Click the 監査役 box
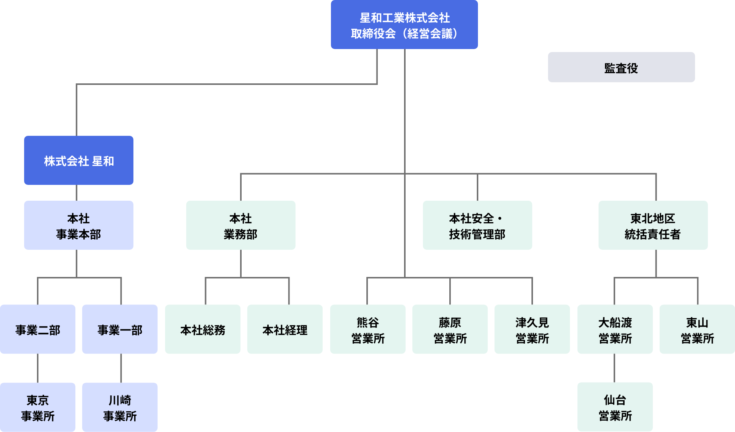coord(621,67)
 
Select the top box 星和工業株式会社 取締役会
coord(404,25)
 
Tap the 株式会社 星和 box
coord(79,160)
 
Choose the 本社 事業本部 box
coord(79,225)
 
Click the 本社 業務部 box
coord(240,225)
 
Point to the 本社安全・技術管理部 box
coord(477,225)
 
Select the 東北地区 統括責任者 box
coord(653,225)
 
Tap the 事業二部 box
coord(38,329)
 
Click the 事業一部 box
coord(120,329)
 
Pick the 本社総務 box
coord(203,329)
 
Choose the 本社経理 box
coord(285,329)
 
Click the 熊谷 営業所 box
coord(368,329)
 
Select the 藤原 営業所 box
coord(450,329)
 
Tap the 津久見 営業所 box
coord(532,329)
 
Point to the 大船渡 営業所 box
coord(615,329)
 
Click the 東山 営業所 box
coord(697,329)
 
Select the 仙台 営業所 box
coord(615,407)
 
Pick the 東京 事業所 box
coord(38,407)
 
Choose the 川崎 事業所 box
coord(120,407)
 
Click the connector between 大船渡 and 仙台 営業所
coord(614,368)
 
